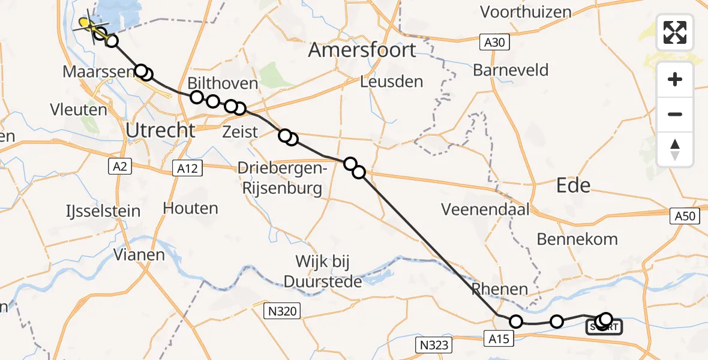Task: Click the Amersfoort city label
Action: click(362, 50)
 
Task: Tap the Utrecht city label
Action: click(160, 130)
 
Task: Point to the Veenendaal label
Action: click(485, 209)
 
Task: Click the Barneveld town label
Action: click(511, 70)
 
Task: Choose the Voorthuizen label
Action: click(526, 12)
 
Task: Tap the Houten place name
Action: click(191, 208)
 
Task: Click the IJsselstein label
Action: click(103, 211)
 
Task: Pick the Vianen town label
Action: click(139, 255)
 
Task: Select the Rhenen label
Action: click(499, 289)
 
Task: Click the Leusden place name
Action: click(391, 82)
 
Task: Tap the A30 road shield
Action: click(494, 42)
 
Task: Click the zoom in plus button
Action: click(675, 80)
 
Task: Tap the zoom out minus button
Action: click(675, 114)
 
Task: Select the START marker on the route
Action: click(604, 326)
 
